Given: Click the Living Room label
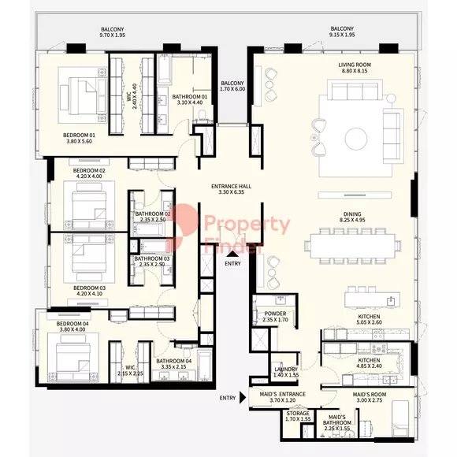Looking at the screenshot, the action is point(355,65).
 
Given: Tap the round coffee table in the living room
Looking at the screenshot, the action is point(356,139).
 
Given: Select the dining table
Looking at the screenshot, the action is point(352,246).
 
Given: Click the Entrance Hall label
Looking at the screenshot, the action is point(231,186).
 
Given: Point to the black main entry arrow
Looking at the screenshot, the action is point(232,254).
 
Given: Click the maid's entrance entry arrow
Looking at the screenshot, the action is point(243,398).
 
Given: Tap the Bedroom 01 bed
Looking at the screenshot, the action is point(84,95).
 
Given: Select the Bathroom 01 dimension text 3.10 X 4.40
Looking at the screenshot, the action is point(190,102).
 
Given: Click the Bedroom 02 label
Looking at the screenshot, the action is point(89,170).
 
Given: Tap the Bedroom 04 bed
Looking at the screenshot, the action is point(72,358).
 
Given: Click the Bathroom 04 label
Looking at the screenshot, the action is point(173,361).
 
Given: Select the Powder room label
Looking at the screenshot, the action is point(275,314).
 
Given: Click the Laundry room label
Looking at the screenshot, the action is point(286,370).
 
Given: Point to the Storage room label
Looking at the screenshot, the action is point(298,414).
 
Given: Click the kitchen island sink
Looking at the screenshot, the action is point(390,301).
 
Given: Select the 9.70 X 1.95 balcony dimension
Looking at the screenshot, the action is point(113,35).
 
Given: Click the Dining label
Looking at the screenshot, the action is point(352,214).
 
